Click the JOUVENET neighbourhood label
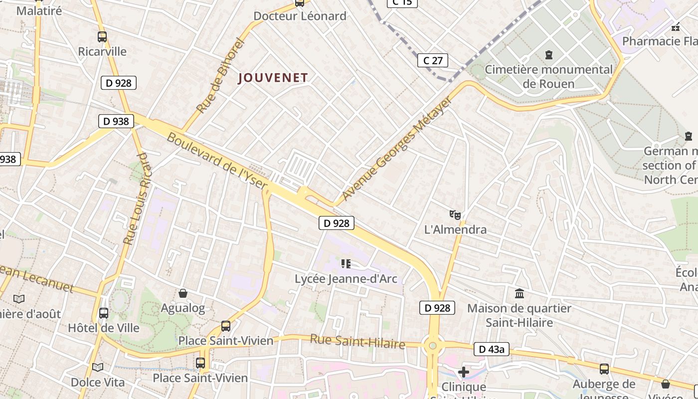[x=273, y=78]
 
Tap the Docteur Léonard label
[x=300, y=16]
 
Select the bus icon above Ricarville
[x=102, y=36]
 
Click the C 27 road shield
[x=432, y=61]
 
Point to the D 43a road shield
[x=492, y=349]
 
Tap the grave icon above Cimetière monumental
[x=549, y=54]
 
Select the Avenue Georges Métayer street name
[x=397, y=148]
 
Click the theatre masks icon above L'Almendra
[x=455, y=214]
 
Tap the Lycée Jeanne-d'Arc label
[x=346, y=278]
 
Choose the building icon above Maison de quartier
[x=520, y=293]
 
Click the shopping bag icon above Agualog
[x=183, y=293]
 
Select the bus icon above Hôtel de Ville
[x=104, y=313]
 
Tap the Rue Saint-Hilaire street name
[x=357, y=342]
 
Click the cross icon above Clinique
[x=464, y=372]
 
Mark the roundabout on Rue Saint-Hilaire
[x=433, y=345]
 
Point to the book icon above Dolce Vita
[x=98, y=367]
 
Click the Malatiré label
[x=39, y=10]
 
